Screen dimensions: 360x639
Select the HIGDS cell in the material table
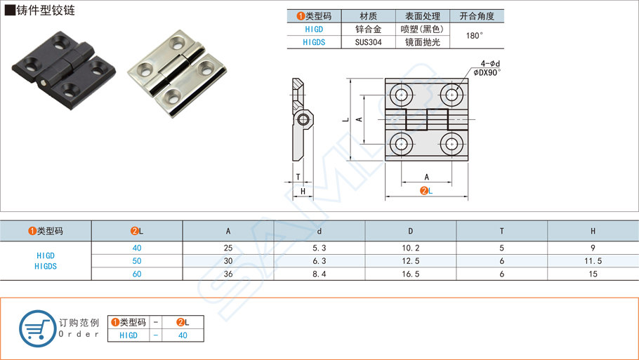[314, 42]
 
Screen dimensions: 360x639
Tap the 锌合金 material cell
[368, 29]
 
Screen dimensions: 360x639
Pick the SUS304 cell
[368, 42]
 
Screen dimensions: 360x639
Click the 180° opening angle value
[475, 36]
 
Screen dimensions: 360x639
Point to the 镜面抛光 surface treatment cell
[422, 42]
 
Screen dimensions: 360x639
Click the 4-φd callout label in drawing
[490, 63]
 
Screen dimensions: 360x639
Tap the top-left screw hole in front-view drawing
[402, 94]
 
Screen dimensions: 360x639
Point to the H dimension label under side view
[303, 192]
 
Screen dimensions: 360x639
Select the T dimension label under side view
[298, 178]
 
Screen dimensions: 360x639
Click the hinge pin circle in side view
[303, 119]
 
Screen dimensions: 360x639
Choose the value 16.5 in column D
[411, 274]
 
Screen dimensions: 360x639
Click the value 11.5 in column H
[593, 260]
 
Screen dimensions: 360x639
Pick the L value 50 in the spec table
[137, 260]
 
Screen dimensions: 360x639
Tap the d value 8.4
[319, 274]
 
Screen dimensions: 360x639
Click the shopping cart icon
[37, 328]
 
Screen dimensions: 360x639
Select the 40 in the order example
[183, 335]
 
